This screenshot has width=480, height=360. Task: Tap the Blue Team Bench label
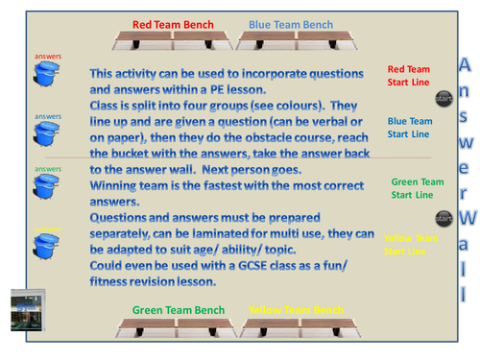tap(291, 23)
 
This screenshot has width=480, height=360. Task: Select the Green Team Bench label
tap(179, 310)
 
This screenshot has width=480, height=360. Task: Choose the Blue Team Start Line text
tap(409, 129)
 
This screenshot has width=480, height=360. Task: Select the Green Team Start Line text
tap(417, 188)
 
